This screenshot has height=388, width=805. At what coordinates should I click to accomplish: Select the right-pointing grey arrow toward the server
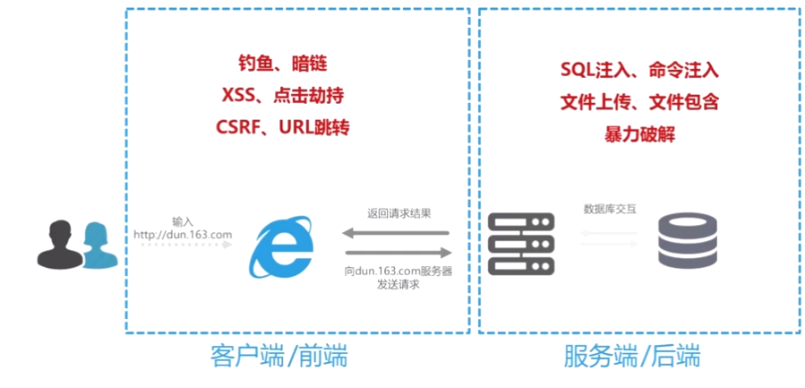click(397, 253)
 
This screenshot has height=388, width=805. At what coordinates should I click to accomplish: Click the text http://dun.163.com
click(183, 235)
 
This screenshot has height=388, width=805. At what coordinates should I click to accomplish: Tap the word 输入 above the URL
click(183, 220)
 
